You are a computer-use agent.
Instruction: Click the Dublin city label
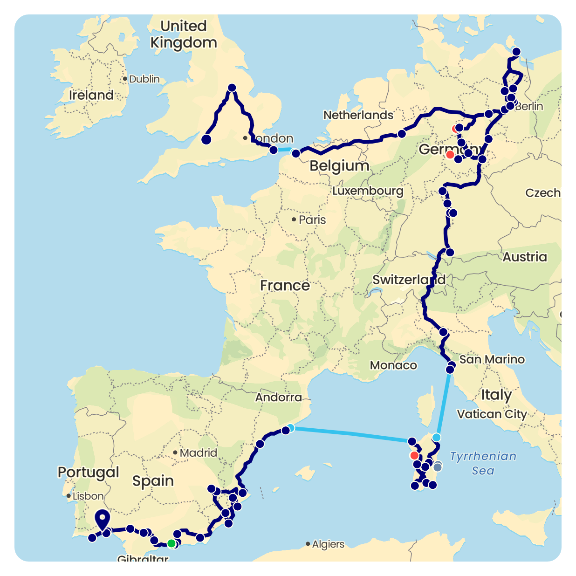tap(144, 79)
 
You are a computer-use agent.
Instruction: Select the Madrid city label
tap(198, 453)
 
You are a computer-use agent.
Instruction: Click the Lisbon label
tap(88, 496)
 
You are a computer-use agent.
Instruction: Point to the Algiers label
tap(328, 544)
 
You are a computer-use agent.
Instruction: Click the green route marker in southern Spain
tap(171, 543)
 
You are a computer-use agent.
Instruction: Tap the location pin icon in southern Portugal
tap(102, 519)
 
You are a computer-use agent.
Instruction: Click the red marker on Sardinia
tap(414, 455)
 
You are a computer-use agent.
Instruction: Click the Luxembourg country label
tap(368, 191)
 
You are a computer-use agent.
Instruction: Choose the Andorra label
tap(278, 397)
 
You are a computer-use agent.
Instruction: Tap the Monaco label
tap(393, 365)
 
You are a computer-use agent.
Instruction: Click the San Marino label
tap(492, 359)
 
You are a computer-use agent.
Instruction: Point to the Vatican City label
tap(492, 414)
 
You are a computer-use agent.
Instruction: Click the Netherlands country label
tap(358, 115)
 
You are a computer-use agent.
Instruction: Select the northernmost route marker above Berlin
tap(516, 52)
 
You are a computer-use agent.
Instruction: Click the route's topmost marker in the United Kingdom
tap(232, 88)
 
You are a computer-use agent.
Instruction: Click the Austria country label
tap(524, 257)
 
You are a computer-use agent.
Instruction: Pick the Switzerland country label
tap(409, 280)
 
